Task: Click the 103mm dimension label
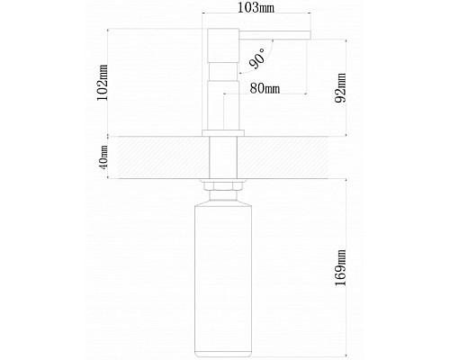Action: (x=256, y=8)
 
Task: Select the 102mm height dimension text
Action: (x=103, y=83)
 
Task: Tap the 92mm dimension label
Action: (x=340, y=88)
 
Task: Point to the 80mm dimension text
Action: (x=265, y=88)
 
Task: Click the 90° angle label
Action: (x=257, y=58)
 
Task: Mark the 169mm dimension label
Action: (x=340, y=268)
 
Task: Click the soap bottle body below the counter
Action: (x=223, y=281)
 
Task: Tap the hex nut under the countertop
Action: (x=223, y=186)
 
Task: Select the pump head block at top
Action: (x=223, y=46)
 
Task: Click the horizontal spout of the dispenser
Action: (x=274, y=35)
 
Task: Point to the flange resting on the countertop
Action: (x=223, y=133)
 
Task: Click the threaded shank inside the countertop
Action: (x=223, y=157)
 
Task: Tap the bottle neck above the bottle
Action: (x=223, y=197)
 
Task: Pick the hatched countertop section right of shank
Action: (x=283, y=157)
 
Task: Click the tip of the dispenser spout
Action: (x=310, y=35)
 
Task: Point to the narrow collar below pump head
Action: (x=223, y=72)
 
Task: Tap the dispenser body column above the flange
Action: (x=223, y=105)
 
